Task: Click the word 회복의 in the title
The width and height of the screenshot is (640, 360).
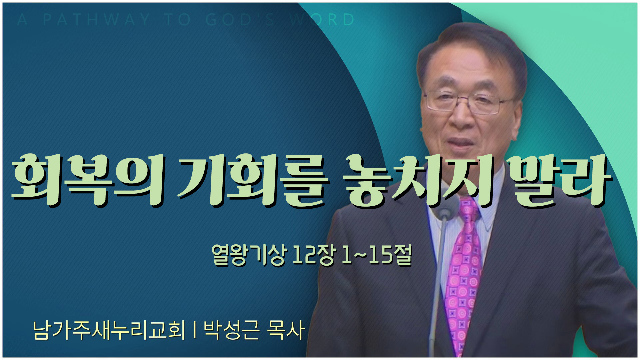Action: [87, 180]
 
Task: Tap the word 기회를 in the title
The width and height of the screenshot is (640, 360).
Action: [252, 180]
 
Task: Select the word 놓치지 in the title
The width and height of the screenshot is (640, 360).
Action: [418, 180]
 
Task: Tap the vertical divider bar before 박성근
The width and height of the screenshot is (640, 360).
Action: [194, 330]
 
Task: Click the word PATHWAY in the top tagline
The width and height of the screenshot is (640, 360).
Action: [96, 20]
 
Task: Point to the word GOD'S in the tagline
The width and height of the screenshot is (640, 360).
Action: [240, 20]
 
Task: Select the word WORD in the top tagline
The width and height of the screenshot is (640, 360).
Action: [322, 20]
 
